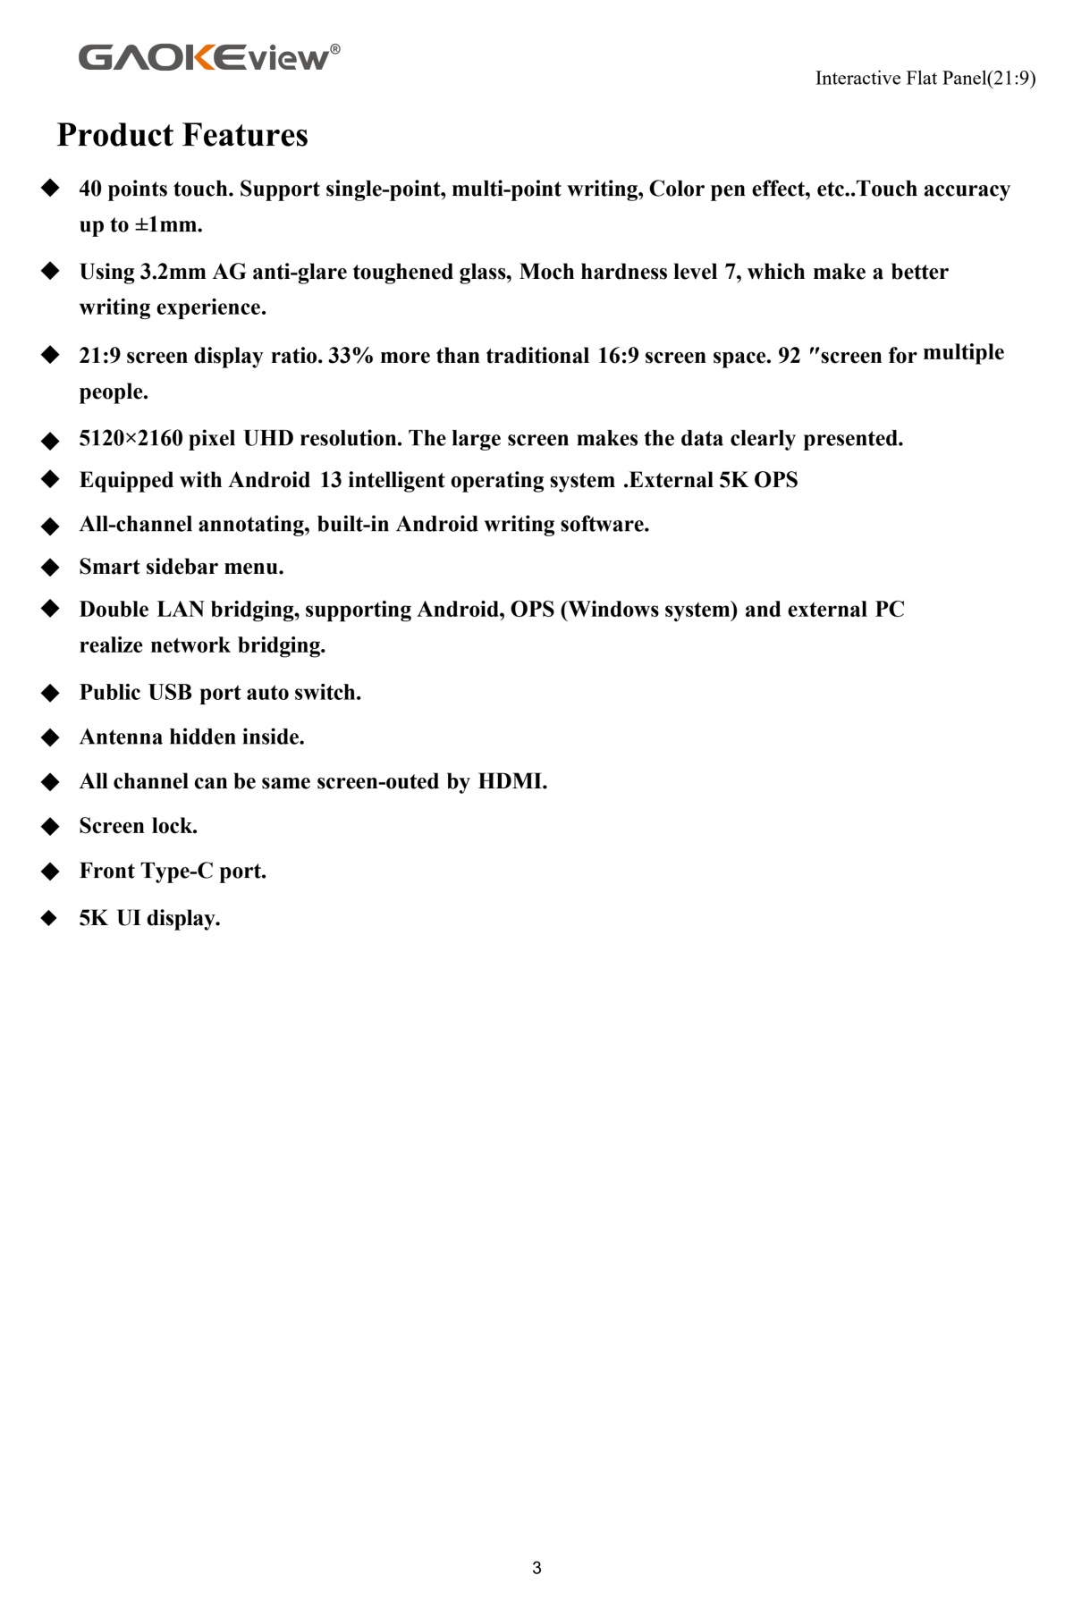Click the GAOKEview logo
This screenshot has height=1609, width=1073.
pos(209,57)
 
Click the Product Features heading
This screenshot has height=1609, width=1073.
pos(182,135)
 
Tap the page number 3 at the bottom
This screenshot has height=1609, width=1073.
pos(536,1567)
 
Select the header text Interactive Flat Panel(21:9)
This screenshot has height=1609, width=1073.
pos(925,79)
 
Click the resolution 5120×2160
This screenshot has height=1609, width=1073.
pos(131,438)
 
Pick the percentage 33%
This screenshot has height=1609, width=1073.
pos(351,356)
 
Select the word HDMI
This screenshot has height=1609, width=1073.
pos(511,781)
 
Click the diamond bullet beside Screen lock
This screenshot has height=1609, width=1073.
pos(50,826)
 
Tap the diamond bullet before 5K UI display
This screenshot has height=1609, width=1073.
pos(50,918)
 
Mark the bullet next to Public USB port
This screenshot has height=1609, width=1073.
pos(50,693)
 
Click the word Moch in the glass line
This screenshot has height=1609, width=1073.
pos(546,272)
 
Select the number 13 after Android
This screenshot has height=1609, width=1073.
pos(331,480)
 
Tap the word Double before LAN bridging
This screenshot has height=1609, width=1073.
pos(114,610)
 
